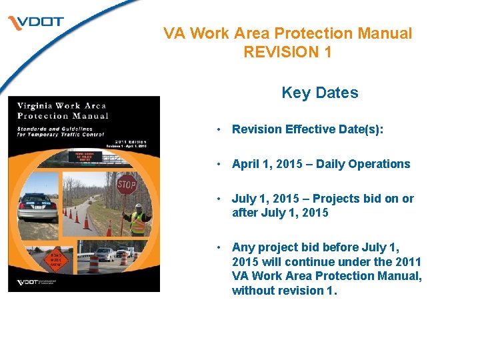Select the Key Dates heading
pyautogui.click(x=319, y=93)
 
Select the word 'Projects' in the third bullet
pyautogui.click(x=334, y=199)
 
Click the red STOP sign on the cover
pyautogui.click(x=126, y=184)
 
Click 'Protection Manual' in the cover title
pyautogui.click(x=62, y=115)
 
